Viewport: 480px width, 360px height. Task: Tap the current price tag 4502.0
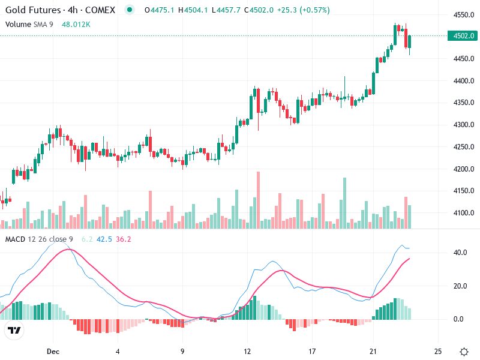[x=463, y=36]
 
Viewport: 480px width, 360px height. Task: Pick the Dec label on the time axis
[x=53, y=350]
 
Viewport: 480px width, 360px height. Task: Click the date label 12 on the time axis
[x=247, y=350]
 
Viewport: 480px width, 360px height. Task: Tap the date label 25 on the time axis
[x=438, y=350]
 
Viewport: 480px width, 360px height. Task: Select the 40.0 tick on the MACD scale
[x=460, y=253]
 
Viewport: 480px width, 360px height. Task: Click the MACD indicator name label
[x=15, y=239]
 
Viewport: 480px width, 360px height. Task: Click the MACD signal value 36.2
[x=123, y=239]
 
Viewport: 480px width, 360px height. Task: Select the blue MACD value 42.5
[x=105, y=239]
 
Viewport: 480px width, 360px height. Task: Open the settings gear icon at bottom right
[x=464, y=351]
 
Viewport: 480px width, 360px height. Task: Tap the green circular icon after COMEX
[x=129, y=10]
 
